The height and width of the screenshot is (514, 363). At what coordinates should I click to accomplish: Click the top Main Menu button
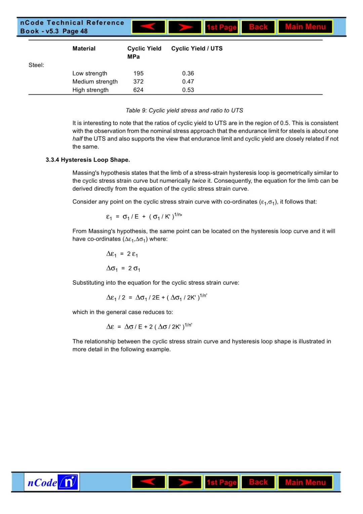(305, 27)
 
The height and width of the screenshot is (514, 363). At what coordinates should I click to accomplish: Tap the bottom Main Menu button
(305, 482)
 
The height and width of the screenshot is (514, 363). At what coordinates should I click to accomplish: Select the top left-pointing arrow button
(149, 27)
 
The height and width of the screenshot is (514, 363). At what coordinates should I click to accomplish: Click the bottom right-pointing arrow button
(185, 482)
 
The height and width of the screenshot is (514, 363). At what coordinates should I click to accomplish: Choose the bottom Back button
(258, 482)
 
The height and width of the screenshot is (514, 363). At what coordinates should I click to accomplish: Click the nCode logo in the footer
(52, 482)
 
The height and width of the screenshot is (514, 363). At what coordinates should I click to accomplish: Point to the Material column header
(84, 48)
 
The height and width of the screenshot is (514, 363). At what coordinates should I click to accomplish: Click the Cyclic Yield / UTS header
(197, 48)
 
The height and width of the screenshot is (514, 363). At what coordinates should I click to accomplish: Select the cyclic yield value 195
(138, 73)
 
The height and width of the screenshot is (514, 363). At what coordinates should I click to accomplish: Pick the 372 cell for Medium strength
(138, 82)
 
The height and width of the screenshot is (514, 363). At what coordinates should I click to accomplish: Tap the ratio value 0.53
(188, 90)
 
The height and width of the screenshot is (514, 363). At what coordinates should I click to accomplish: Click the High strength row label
(90, 90)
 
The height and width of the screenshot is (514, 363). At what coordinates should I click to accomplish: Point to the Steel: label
(36, 65)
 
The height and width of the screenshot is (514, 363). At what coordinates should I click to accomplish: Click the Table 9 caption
(184, 111)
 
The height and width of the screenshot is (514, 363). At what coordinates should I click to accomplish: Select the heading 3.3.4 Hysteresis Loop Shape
(88, 160)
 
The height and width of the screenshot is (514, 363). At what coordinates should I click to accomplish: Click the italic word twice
(199, 181)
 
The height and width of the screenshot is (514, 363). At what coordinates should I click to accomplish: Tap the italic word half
(77, 139)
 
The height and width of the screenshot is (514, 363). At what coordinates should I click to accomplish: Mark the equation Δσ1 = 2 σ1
(123, 269)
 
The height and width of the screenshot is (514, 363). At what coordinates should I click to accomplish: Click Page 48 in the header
(75, 31)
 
